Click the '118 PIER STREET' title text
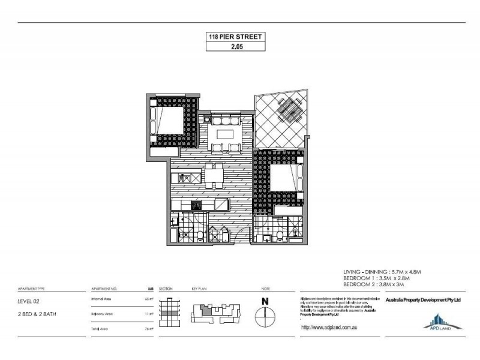click(233, 37)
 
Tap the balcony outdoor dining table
click(290, 110)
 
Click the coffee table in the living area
click(225, 133)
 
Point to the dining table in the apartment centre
click(214, 176)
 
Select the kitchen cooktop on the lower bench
click(196, 205)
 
